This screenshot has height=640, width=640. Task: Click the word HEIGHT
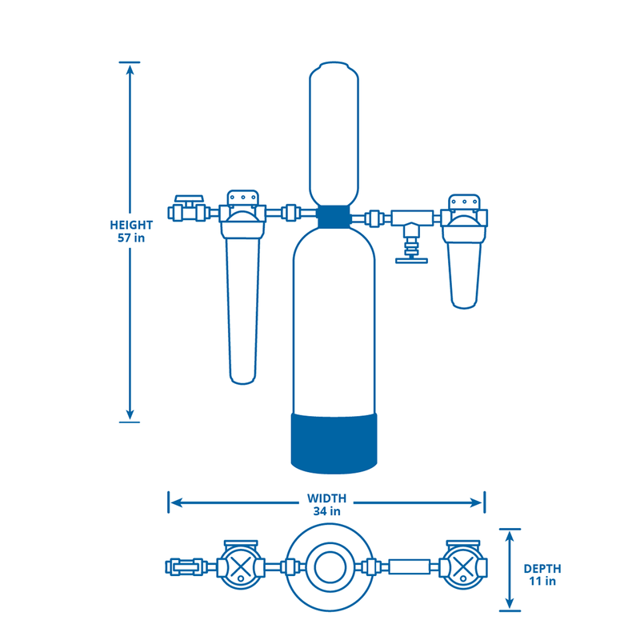130,225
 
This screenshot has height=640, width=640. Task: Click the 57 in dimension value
130,238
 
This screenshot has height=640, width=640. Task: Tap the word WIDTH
326,498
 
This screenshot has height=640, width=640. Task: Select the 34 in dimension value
326,510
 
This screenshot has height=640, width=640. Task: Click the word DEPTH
542,568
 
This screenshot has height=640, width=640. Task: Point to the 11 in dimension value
542,581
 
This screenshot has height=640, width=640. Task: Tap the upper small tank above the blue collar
334,132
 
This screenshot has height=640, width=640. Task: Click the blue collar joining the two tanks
334,215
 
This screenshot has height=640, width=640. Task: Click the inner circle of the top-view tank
329,568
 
